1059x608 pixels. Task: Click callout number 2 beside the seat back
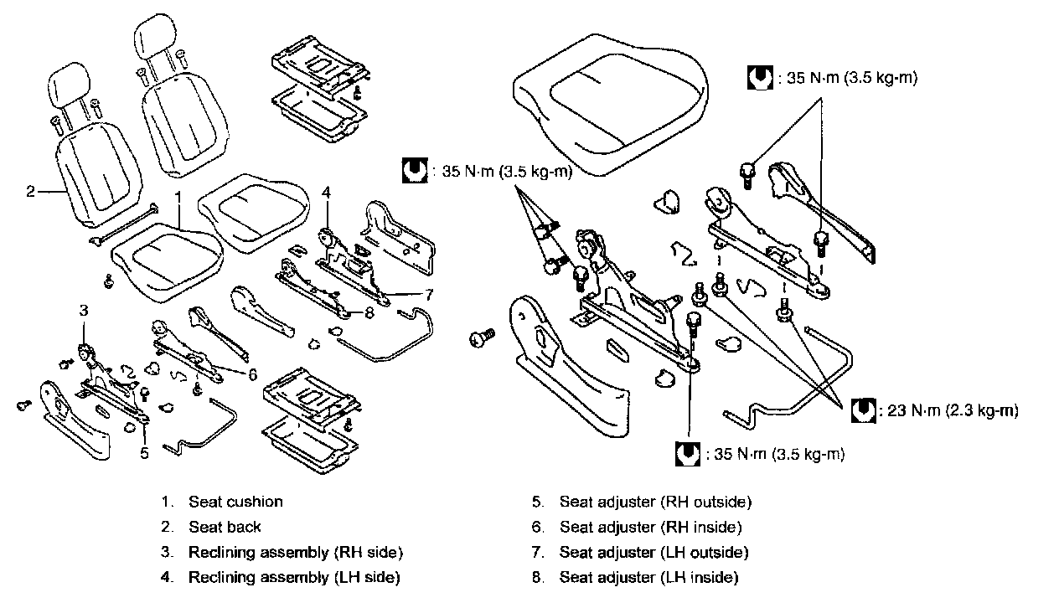30,192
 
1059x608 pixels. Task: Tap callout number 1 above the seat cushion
178,198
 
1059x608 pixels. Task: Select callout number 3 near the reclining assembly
84,311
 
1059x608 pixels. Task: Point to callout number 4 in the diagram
327,192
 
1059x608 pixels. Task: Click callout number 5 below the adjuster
144,452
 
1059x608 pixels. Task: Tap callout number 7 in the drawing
428,294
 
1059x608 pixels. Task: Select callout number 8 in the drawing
368,313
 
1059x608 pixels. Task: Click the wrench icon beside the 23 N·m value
863,410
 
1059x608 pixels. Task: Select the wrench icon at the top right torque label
759,79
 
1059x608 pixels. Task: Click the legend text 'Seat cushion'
235,502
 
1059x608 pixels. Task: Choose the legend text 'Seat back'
225,527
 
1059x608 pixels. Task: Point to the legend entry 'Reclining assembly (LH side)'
294,577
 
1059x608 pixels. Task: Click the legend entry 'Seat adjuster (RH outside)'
655,502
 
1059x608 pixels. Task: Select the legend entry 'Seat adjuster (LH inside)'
648,577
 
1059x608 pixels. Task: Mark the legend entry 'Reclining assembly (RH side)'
295,552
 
